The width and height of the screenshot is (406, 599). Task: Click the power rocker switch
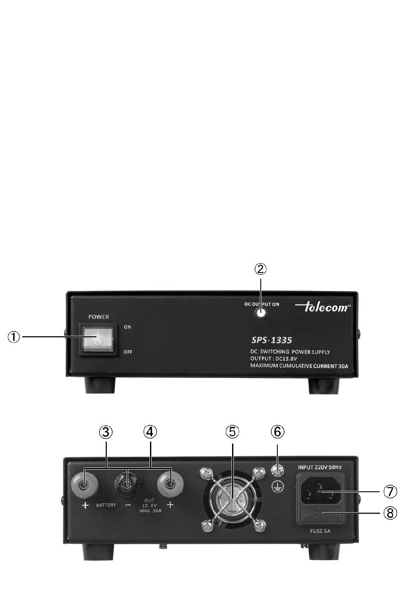pyautogui.click(x=98, y=339)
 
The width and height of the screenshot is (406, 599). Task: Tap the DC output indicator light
pyautogui.click(x=261, y=313)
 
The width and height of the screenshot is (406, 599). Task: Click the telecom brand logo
pyautogui.click(x=323, y=306)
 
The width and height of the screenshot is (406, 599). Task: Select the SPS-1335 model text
pyautogui.click(x=271, y=340)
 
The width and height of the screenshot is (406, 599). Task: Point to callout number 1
pyautogui.click(x=14, y=337)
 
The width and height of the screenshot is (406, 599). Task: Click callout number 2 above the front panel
pyautogui.click(x=261, y=269)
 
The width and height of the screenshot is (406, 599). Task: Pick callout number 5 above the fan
pyautogui.click(x=232, y=432)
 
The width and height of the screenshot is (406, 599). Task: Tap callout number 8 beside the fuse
pyautogui.click(x=390, y=512)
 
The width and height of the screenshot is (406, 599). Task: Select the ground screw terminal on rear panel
pyautogui.click(x=278, y=472)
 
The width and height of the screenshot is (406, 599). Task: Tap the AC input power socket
pyautogui.click(x=319, y=493)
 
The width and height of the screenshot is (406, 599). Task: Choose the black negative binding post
pyautogui.click(x=127, y=485)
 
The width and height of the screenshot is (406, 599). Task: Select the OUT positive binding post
pyautogui.click(x=170, y=485)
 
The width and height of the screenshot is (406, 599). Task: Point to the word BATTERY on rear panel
pyautogui.click(x=106, y=505)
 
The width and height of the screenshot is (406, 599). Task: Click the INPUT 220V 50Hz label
pyautogui.click(x=320, y=467)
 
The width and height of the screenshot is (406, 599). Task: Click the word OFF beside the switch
pyautogui.click(x=128, y=352)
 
